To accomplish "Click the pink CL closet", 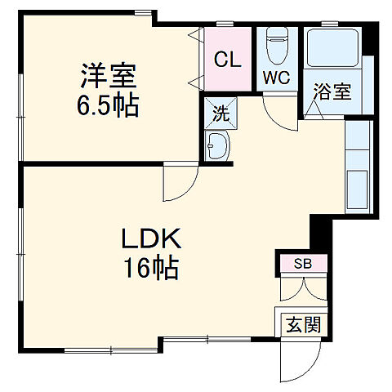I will pos(228,59).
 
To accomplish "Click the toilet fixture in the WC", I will pos(276,45).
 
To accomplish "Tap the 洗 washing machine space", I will pos(220,114).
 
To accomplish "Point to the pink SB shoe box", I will pos(302,264).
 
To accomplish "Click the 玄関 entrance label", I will pos(302,324).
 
